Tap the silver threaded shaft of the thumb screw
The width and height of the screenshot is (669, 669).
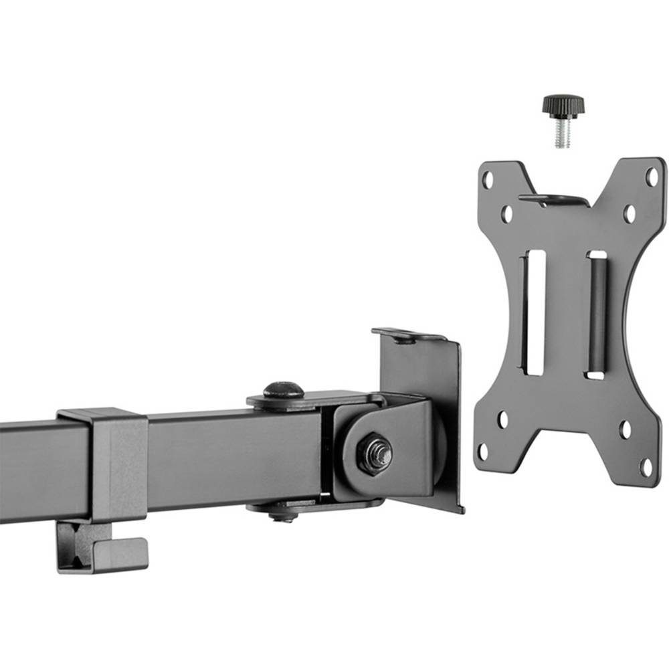561,134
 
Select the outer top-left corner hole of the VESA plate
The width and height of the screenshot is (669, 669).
488,179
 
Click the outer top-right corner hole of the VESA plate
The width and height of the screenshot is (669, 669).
651,177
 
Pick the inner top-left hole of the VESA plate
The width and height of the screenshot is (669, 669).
507,215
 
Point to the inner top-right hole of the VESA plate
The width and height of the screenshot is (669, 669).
630,214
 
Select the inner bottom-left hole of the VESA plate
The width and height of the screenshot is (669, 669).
502,420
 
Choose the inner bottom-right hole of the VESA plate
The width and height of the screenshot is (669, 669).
626,429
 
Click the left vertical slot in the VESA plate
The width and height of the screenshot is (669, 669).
534,312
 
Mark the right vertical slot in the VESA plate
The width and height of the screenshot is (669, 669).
596,315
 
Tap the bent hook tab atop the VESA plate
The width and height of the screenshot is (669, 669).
554,199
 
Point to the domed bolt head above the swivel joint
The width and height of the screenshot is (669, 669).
283,389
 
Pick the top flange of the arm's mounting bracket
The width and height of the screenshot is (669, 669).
408,334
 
